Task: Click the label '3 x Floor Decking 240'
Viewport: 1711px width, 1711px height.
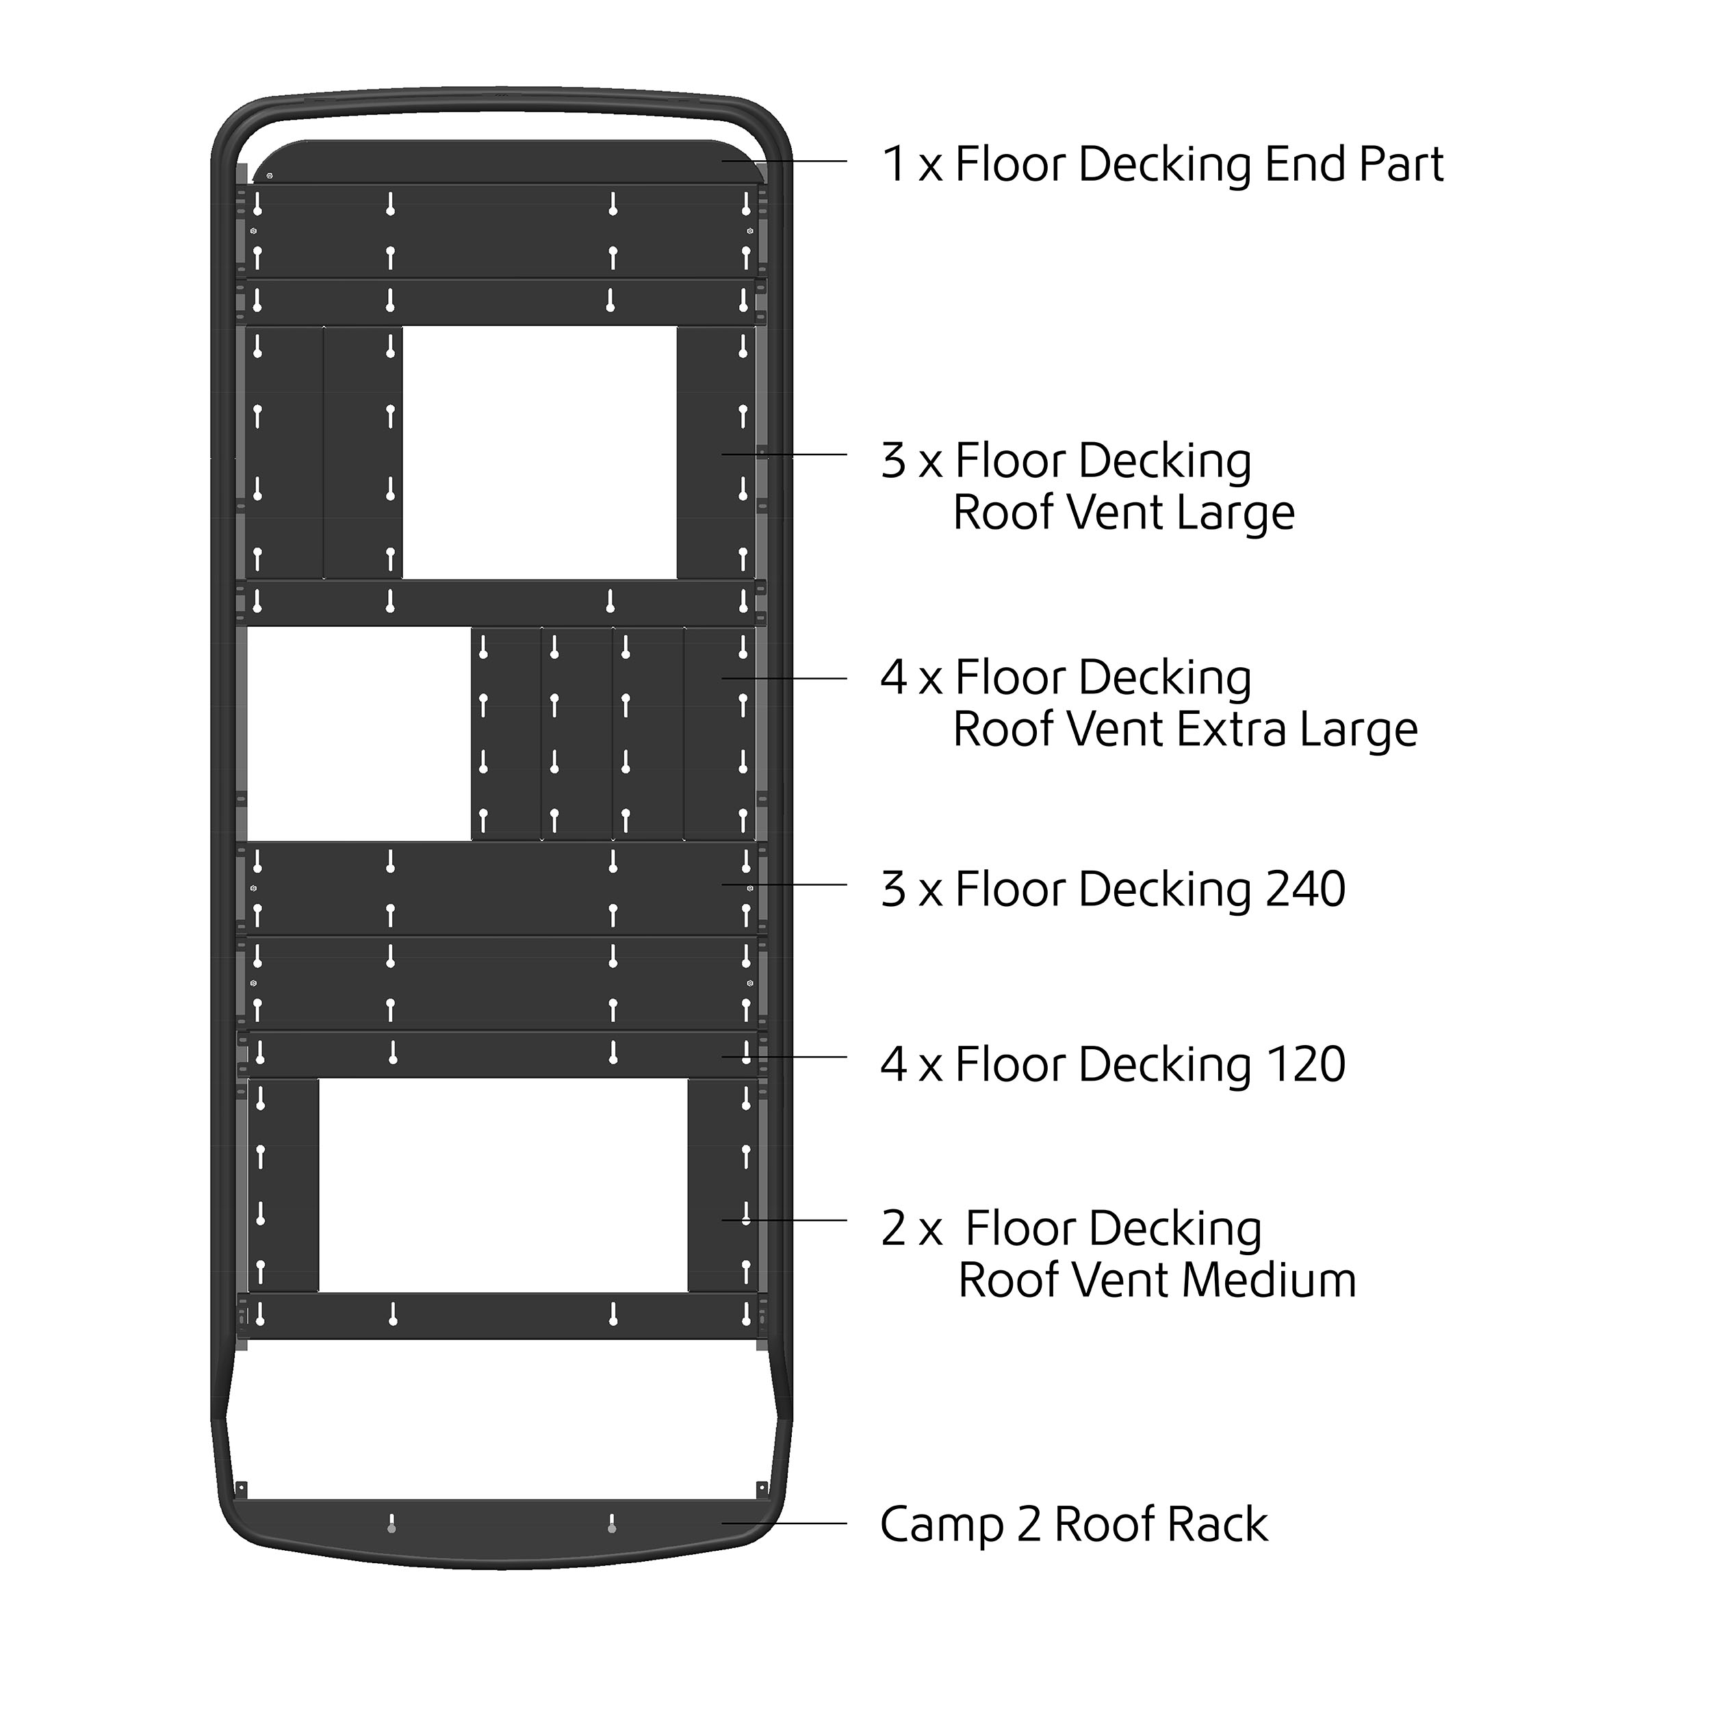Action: point(1112,889)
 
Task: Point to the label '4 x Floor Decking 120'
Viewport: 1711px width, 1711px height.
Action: point(1112,1064)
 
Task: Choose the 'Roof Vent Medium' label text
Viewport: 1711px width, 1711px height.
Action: point(1157,1281)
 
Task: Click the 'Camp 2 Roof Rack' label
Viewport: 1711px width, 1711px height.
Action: point(1073,1524)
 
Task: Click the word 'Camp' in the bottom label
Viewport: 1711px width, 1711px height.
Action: point(942,1524)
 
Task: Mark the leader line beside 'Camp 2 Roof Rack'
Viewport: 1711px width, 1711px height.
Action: point(784,1523)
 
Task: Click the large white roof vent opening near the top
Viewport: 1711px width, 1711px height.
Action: point(539,452)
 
